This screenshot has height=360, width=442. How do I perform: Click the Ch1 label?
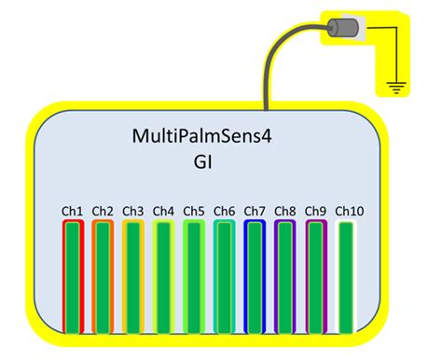73,212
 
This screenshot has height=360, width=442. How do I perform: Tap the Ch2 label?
103,212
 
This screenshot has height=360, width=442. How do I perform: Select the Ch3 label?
133,212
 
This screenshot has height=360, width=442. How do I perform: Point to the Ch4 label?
163,212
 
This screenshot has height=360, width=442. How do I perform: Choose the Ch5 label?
194,212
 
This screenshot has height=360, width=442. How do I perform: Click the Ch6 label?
225,212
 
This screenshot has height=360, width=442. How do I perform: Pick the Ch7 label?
255,212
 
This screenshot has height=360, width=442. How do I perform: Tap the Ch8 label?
285,212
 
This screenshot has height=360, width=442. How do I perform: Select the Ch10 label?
349,212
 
